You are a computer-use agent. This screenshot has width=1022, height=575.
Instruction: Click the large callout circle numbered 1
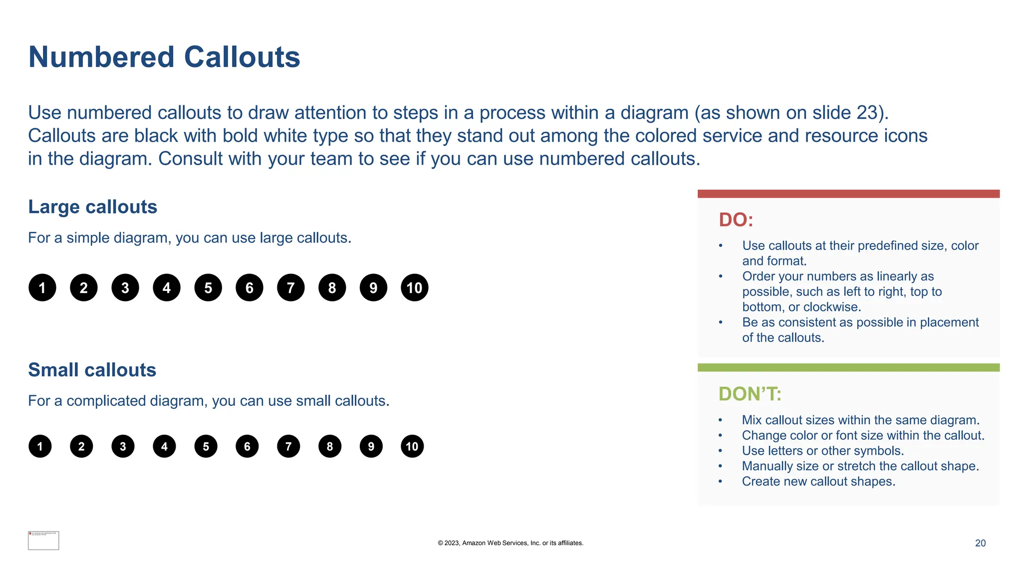click(42, 287)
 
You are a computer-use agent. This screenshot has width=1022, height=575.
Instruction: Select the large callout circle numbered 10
click(414, 287)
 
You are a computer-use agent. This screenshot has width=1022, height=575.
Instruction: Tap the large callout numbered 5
click(208, 287)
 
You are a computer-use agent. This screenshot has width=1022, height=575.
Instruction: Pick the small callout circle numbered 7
click(288, 446)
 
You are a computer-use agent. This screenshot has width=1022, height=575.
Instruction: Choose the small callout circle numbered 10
click(412, 446)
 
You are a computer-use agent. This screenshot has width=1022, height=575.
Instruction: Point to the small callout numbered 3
click(123, 446)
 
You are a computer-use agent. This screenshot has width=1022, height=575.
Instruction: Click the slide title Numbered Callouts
click(164, 57)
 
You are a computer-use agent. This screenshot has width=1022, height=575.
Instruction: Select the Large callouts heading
click(93, 207)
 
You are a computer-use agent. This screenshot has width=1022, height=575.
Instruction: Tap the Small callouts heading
click(92, 370)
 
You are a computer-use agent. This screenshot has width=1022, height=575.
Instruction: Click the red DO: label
click(736, 220)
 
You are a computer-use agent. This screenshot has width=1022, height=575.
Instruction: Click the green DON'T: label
click(750, 394)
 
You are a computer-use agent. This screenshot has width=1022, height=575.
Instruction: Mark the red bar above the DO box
click(848, 194)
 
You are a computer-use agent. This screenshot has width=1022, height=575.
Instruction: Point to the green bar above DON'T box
click(848, 367)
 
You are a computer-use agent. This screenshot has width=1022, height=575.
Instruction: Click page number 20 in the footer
click(980, 543)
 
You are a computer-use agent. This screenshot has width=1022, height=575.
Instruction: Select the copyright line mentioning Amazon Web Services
click(511, 543)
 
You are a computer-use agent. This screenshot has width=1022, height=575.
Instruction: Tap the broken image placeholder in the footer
click(43, 541)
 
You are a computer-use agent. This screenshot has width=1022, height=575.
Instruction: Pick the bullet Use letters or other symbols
click(822, 451)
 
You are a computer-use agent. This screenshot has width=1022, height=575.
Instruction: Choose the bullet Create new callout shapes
click(818, 481)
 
